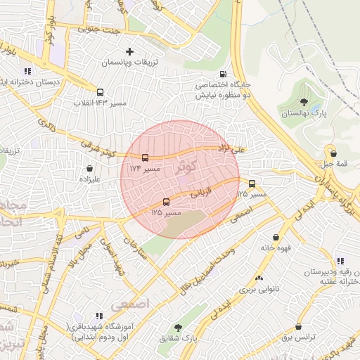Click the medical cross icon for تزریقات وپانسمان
tap(129, 51)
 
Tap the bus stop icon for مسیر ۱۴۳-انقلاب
tap(100, 92)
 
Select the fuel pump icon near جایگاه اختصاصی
tap(224, 74)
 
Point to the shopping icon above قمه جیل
tap(333, 153)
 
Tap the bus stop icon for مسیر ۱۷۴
tap(145, 157)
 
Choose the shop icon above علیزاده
tap(89, 169)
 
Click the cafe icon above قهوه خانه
tap(275, 237)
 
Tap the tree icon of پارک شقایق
tap(178, 328)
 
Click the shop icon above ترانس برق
tap(299, 327)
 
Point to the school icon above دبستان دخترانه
tap(27, 71)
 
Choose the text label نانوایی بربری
tap(259, 289)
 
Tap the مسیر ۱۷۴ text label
tap(145, 169)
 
